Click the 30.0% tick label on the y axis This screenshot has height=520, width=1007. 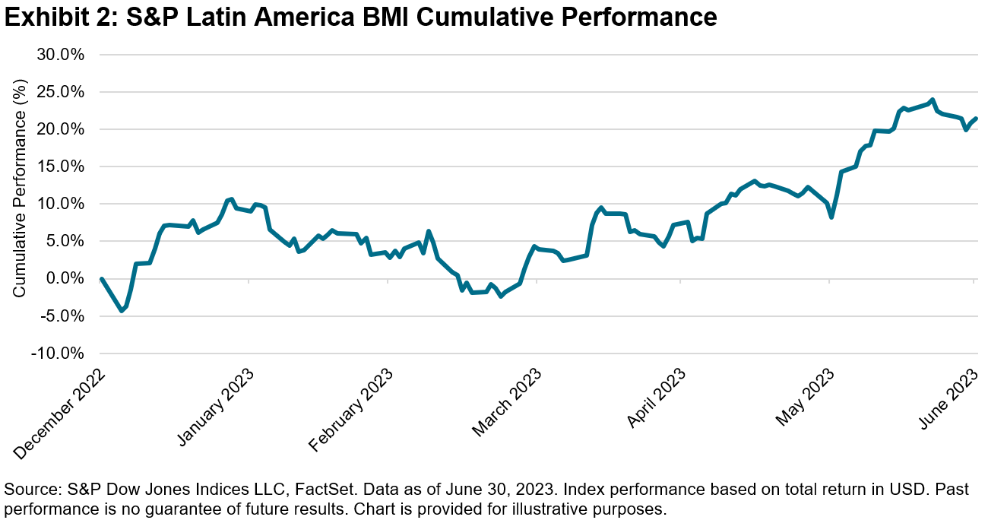click(62, 55)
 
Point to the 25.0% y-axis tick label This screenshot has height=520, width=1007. click(62, 92)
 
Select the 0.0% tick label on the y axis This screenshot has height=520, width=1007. click(66, 279)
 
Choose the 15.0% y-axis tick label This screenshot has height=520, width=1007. click(62, 166)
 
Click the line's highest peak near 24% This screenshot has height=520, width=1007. click(932, 100)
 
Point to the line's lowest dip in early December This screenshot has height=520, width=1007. click(122, 310)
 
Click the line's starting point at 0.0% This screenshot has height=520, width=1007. click(102, 279)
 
